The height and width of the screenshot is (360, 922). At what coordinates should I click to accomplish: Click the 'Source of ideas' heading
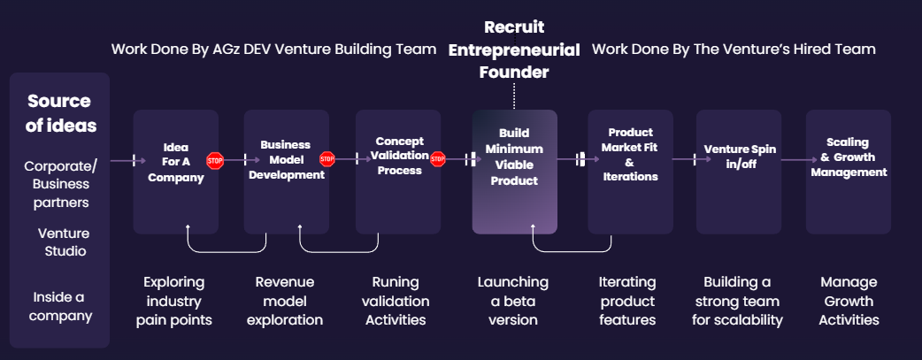coord(60,113)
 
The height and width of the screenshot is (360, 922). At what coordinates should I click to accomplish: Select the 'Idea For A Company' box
coord(176,164)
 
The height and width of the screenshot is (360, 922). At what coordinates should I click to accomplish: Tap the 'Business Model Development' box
coord(286,159)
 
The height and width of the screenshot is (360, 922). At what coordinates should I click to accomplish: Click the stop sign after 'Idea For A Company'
coord(215,161)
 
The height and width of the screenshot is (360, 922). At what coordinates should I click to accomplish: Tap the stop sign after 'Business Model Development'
coord(327,159)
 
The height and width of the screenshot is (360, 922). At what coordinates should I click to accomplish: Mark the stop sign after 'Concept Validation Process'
coord(437,159)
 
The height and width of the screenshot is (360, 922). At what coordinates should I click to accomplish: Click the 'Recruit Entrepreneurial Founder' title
coord(514,50)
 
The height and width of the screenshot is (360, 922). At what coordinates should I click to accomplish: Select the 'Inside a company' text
coord(60,305)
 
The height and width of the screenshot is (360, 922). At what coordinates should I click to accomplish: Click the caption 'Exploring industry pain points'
coord(174,301)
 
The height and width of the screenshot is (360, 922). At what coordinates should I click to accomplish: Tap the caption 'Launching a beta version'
coord(513,301)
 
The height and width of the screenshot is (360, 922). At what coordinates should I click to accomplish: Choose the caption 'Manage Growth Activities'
coord(849,301)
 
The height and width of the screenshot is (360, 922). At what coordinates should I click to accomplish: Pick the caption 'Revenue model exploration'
coord(285,301)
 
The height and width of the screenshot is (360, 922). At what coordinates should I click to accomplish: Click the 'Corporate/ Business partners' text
coord(60,184)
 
